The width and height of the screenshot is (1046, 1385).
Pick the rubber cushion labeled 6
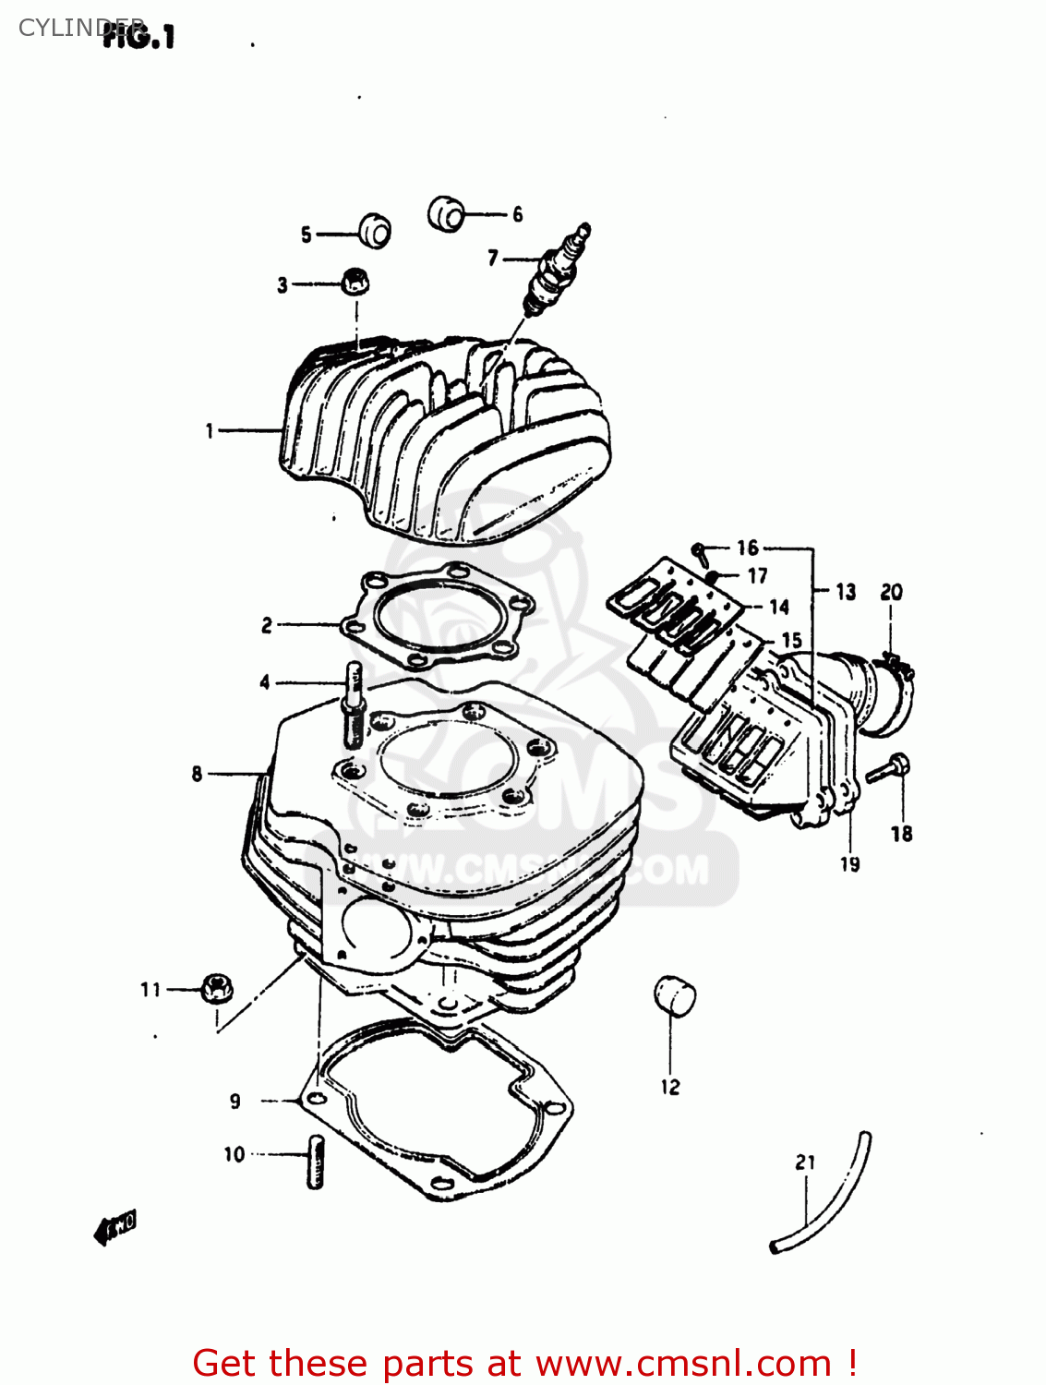tap(446, 213)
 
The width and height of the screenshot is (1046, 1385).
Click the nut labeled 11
tap(216, 989)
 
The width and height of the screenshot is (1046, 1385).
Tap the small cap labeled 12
tap(675, 995)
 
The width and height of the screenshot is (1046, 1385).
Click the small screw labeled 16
tap(700, 552)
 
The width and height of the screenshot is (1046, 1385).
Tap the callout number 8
tap(197, 774)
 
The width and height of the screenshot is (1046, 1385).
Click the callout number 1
tap(210, 430)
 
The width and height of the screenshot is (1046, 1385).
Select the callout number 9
tap(235, 1101)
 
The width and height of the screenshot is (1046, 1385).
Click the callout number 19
tap(849, 864)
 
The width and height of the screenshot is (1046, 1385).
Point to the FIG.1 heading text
tap(138, 37)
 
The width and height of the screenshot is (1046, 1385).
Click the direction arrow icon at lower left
tap(115, 1228)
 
